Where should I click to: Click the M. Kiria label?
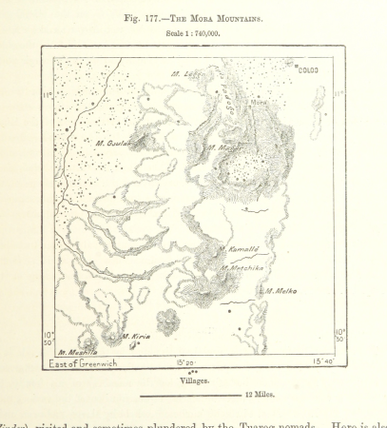(x=133, y=336)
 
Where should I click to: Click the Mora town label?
(x=258, y=103)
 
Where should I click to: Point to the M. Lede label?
(x=186, y=73)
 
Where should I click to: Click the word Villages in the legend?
(x=194, y=379)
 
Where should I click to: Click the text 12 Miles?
(x=261, y=393)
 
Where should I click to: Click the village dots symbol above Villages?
(x=194, y=370)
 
